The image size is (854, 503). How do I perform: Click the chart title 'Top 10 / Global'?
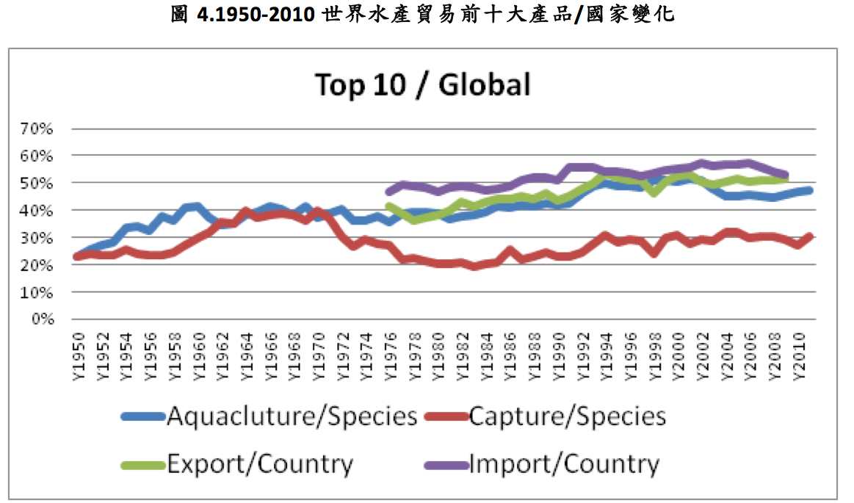(422, 85)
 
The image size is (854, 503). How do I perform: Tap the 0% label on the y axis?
(43, 319)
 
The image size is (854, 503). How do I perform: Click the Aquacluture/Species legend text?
(292, 416)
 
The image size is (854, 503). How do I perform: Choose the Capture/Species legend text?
(567, 416)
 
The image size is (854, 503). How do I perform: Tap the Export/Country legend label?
(260, 464)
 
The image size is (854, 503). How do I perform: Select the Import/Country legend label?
(563, 464)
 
